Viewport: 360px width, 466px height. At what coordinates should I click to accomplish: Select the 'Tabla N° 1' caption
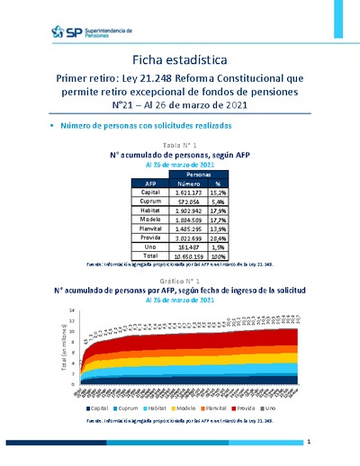[x=179, y=145]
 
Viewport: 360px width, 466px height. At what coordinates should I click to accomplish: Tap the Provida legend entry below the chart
[x=244, y=409]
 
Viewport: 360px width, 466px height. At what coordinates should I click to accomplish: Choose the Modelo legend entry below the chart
[x=184, y=409]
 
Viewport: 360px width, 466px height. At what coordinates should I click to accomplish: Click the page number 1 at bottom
[x=309, y=443]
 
